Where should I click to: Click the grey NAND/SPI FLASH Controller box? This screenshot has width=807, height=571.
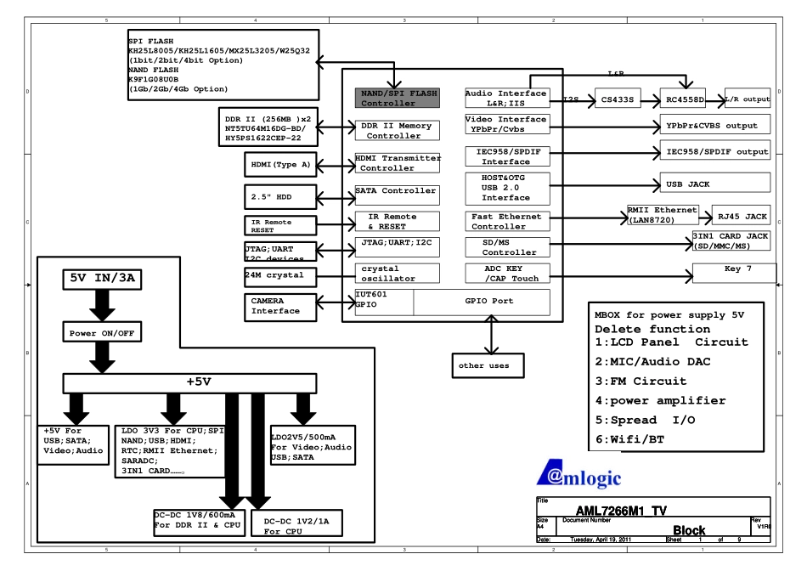click(x=397, y=98)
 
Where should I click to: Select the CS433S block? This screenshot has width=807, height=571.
click(x=615, y=99)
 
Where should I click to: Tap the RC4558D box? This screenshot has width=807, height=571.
click(x=682, y=99)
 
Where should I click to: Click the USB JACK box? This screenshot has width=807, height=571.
click(x=713, y=183)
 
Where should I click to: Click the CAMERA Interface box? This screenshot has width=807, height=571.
click(x=275, y=306)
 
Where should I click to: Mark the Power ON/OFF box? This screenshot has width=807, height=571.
click(x=95, y=334)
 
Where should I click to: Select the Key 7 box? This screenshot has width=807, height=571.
click(x=734, y=273)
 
